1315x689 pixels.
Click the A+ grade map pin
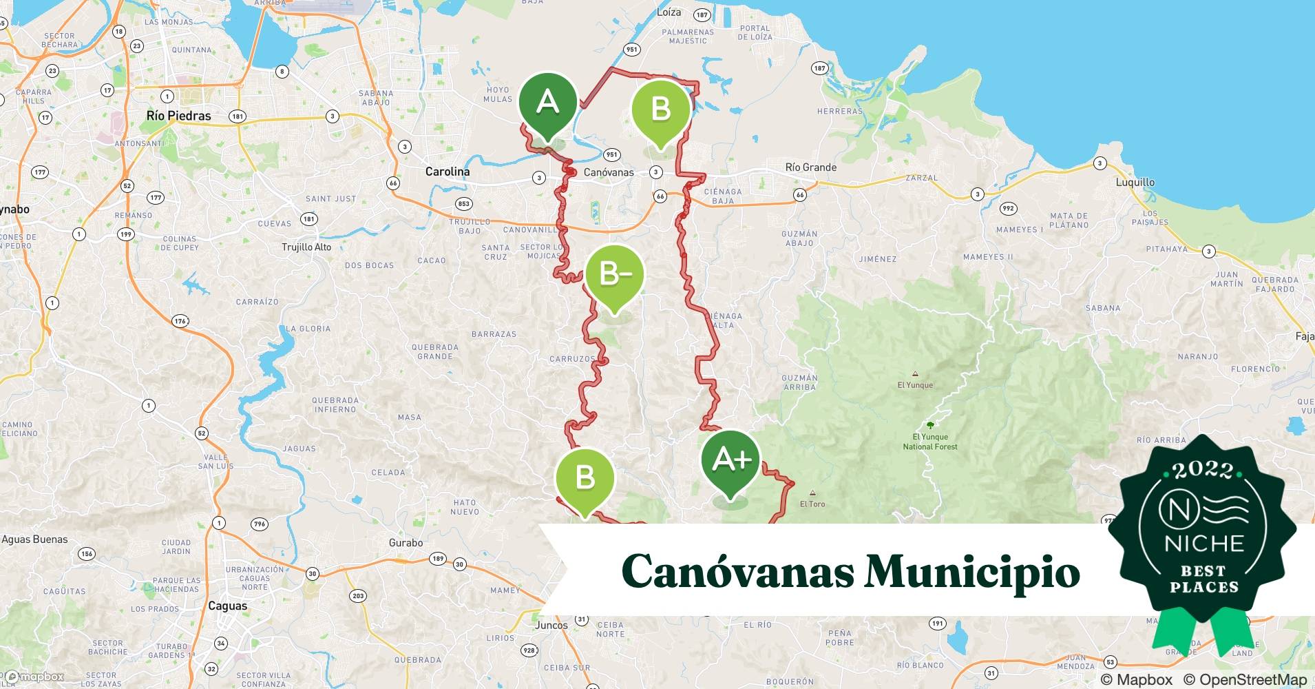point(730,460)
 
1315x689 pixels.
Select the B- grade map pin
point(615,274)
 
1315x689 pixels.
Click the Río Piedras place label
point(178,116)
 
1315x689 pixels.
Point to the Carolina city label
point(448,172)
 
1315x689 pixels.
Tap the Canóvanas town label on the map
point(609,172)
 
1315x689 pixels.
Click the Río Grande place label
point(811,167)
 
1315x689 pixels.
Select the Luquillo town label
point(1135,183)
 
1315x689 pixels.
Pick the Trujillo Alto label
point(306,247)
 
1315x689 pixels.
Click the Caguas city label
point(227,606)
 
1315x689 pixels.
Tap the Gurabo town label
point(406,543)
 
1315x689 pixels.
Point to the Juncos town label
point(551,626)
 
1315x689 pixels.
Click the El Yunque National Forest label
point(930,442)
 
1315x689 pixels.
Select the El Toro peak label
point(812,504)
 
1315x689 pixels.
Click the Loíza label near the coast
point(669,12)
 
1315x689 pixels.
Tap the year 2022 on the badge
point(1203,471)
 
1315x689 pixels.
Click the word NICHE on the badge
point(1204,544)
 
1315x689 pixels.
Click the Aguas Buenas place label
point(35,539)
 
